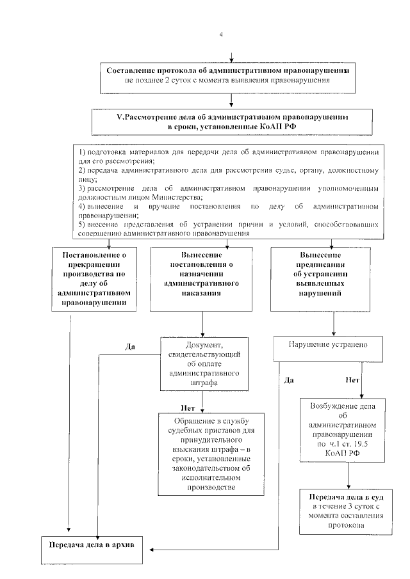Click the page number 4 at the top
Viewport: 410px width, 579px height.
(x=222, y=35)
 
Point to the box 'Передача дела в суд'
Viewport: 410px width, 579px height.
(x=347, y=511)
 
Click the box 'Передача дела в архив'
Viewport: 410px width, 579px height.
(x=94, y=548)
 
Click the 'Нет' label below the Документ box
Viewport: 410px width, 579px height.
(x=187, y=407)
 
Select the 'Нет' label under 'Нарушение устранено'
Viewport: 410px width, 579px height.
(x=352, y=379)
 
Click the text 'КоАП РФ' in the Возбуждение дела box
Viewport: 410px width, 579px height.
(x=347, y=451)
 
